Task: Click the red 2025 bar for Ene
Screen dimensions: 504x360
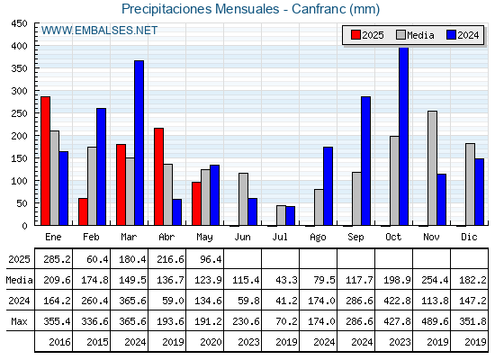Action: pyautogui.click(x=45, y=161)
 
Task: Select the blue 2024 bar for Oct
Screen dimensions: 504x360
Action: pyautogui.click(x=404, y=136)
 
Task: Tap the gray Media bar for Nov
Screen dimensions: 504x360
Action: pyautogui.click(x=432, y=168)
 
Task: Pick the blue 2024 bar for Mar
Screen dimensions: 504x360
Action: pyautogui.click(x=139, y=143)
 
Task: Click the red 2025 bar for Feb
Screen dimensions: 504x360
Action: pyautogui.click(x=83, y=211)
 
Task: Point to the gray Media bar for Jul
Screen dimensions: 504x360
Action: pyautogui.click(x=281, y=215)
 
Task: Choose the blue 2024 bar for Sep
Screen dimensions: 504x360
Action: pyautogui.click(x=365, y=161)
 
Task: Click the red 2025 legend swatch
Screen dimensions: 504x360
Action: pyautogui.click(x=355, y=35)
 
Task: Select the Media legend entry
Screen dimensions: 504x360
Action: pyautogui.click(x=415, y=35)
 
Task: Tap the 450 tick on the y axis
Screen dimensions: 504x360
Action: pyautogui.click(x=19, y=23)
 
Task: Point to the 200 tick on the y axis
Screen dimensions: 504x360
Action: pyautogui.click(x=19, y=136)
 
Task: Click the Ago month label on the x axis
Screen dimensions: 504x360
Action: pyautogui.click(x=318, y=238)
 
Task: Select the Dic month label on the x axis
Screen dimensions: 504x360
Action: pyautogui.click(x=469, y=237)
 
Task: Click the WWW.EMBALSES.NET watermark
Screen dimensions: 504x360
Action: pyautogui.click(x=99, y=31)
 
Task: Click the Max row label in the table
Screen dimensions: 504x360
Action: pyautogui.click(x=19, y=321)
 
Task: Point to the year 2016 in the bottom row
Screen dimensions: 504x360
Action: pyautogui.click(x=59, y=342)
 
